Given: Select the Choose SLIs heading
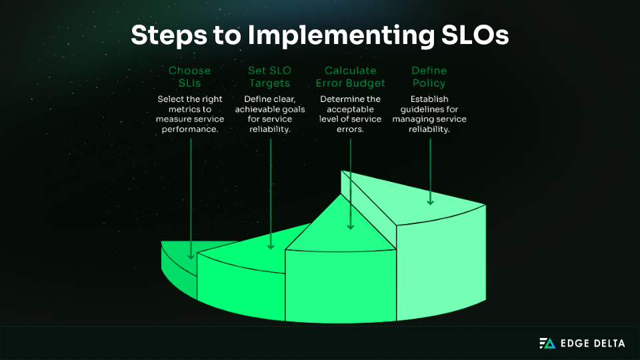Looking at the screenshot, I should tap(189, 77).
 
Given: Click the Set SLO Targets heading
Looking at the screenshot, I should tap(270, 77).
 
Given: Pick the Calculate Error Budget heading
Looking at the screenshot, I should tap(350, 77).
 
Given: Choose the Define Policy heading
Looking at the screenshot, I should tap(429, 77).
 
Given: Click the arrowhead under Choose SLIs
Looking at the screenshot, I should tap(191, 255).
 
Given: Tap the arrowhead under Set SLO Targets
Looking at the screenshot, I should tap(271, 245).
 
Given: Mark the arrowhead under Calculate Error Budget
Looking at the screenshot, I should tap(351, 226).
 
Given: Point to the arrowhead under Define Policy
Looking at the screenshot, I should tap(431, 200).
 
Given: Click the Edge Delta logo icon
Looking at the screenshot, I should tap(547, 343).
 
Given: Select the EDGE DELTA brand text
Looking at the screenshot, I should tap(592, 343).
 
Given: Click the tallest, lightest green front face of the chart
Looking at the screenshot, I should tap(440, 267).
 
